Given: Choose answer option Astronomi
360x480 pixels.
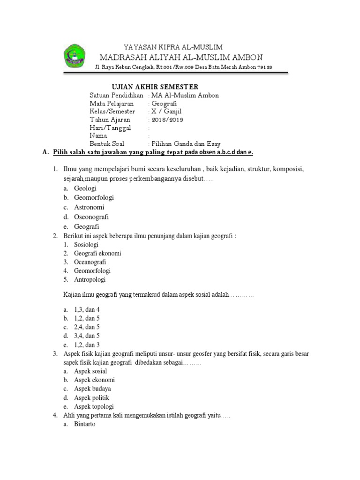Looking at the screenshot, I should (x=89, y=207).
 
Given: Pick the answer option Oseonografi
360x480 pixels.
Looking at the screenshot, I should (x=91, y=217).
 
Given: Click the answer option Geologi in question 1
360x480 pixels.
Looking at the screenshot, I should (x=85, y=188).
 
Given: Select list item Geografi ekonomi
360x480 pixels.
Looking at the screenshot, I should (x=97, y=253).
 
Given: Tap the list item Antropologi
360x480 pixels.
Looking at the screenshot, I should (x=90, y=280).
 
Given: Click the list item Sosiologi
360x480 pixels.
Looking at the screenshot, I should (x=87, y=245).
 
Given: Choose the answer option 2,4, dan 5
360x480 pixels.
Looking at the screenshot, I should (x=87, y=327).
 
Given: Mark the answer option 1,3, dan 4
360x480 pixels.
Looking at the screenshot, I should (x=87, y=309).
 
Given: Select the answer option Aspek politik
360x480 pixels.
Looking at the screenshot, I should (x=91, y=398).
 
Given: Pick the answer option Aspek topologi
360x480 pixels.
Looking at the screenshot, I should (x=94, y=407).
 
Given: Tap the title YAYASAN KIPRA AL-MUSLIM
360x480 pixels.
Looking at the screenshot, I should (x=173, y=47).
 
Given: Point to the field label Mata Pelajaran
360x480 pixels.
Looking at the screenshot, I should (x=112, y=103).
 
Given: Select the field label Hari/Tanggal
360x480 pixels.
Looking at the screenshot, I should (x=110, y=127).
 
